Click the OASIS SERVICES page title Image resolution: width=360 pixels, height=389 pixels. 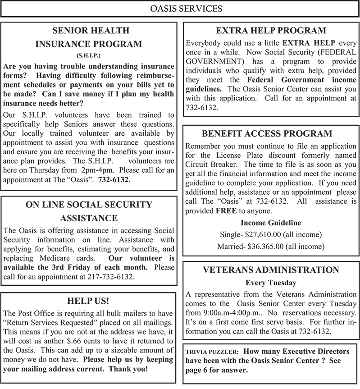180,9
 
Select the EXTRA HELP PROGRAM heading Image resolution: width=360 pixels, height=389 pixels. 271,31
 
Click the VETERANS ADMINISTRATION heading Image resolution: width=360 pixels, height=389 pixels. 271,270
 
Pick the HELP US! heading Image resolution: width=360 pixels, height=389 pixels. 88,300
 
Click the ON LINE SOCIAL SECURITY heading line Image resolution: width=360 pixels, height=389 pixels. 89,205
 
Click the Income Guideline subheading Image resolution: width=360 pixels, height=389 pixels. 271,223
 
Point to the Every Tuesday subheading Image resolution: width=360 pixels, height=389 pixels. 271,283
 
